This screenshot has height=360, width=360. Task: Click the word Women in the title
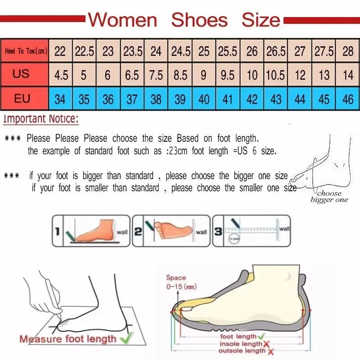coord(122,20)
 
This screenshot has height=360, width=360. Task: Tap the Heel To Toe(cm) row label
coord(25,51)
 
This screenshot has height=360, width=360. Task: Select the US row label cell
coord(21,74)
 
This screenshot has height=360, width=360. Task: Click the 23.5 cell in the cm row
coord(132,51)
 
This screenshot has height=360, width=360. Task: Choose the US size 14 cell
coord(348,75)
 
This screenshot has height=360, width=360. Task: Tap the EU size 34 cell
coord(60,99)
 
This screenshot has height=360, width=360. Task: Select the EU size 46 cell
coord(348,99)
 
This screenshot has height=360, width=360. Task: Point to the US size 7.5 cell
coord(156,75)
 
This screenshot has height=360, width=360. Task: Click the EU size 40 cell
coord(204,99)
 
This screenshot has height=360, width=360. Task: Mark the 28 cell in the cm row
coord(348,51)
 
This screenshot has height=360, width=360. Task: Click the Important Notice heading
coord(41,120)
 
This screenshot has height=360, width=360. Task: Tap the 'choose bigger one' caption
coord(329,197)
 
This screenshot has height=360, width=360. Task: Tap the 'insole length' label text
coord(241,344)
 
